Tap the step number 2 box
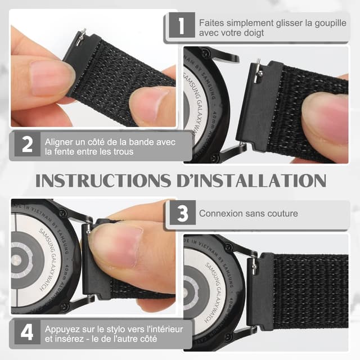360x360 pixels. (x=27, y=146)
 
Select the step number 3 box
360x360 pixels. (x=182, y=214)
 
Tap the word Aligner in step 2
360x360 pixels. (x=59, y=141)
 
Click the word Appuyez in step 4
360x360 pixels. (x=64, y=328)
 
